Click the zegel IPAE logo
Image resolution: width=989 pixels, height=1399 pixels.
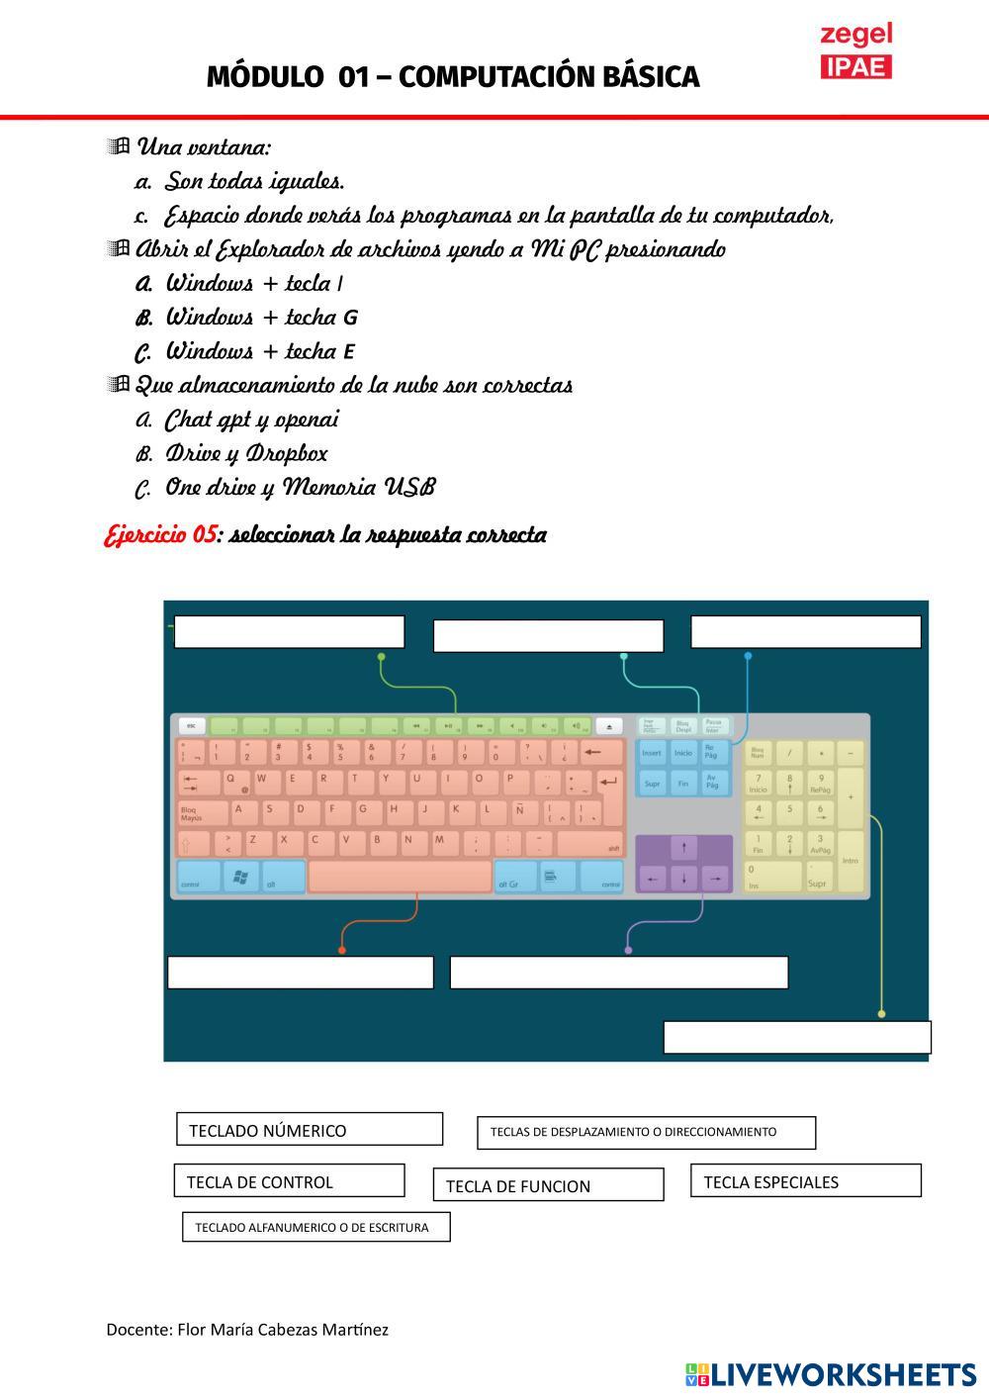[856, 51]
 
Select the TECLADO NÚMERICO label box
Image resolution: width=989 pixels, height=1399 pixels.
[309, 1130]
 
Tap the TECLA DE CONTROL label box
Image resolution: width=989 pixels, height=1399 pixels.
[290, 1181]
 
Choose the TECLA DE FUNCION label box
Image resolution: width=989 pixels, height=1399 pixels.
[548, 1185]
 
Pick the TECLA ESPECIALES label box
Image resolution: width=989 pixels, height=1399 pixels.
[805, 1181]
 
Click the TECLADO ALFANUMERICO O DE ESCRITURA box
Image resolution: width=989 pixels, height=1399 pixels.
[315, 1228]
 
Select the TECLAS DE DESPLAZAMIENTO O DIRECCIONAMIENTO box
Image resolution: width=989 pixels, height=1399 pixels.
[646, 1133]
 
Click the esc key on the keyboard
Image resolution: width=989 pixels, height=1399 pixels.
[191, 725]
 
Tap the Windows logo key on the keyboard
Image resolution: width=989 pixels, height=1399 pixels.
[240, 877]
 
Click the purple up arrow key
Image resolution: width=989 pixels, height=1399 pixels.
[683, 848]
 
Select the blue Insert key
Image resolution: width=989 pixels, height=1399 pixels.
[652, 753]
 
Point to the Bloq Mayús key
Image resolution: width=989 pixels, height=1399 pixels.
[201, 814]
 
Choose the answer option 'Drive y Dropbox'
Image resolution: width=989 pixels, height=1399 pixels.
[245, 454]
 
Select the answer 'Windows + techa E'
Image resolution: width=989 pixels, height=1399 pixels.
[259, 351]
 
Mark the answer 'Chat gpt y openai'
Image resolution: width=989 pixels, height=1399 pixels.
[251, 420]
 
